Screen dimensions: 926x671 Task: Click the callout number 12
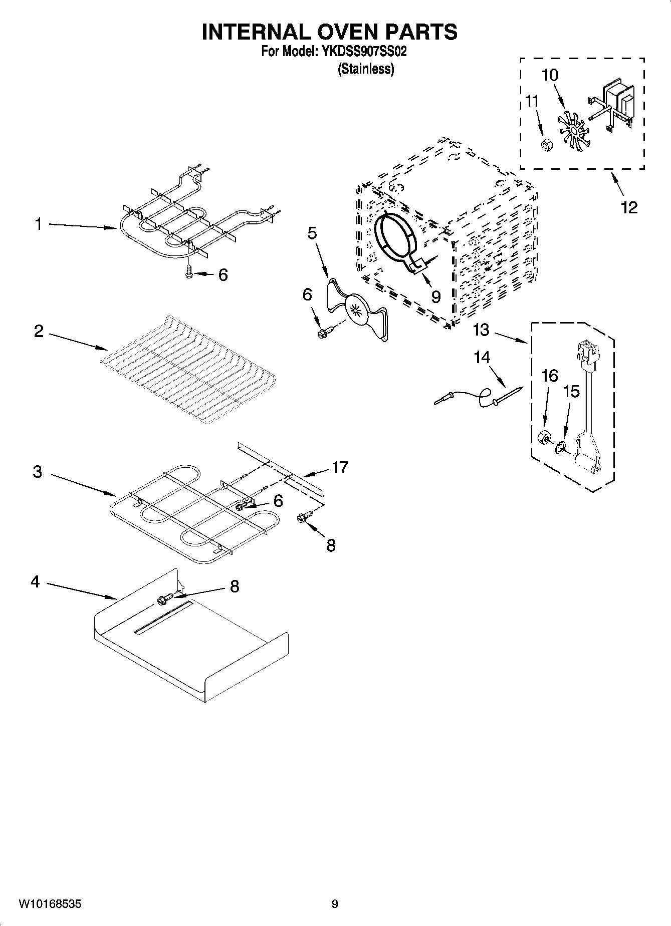(629, 207)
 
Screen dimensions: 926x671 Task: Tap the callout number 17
(340, 467)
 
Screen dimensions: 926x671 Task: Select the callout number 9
(435, 297)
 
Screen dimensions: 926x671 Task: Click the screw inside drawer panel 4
(166, 598)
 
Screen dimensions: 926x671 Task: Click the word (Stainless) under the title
(366, 69)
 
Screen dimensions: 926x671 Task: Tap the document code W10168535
(50, 903)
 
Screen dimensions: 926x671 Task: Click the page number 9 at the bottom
(335, 903)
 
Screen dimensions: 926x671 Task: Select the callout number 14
(482, 357)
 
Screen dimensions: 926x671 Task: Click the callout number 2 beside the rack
(39, 331)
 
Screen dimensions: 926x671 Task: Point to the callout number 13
(481, 330)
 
